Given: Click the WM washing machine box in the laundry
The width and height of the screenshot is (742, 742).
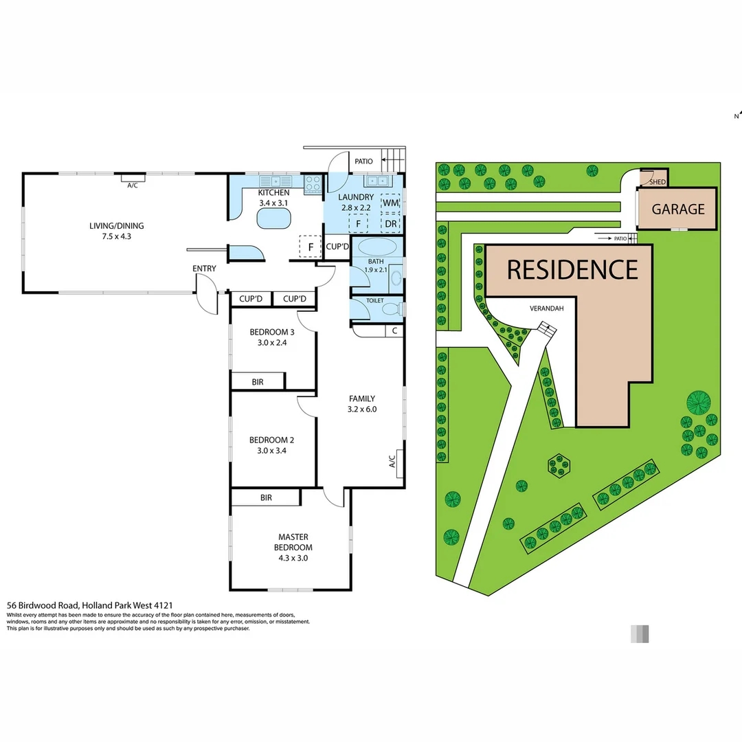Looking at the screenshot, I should click(x=390, y=203).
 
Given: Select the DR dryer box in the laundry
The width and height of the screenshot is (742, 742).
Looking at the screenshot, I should click(x=390, y=224).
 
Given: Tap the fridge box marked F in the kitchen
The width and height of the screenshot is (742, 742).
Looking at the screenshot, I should click(x=311, y=247).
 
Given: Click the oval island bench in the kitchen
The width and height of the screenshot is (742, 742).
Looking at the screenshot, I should click(x=274, y=218).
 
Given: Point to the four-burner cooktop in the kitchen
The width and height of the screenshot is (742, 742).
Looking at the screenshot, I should click(x=313, y=183).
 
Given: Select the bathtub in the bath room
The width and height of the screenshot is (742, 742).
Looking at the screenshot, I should click(x=377, y=248).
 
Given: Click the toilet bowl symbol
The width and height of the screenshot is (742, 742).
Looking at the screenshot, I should click(x=392, y=309).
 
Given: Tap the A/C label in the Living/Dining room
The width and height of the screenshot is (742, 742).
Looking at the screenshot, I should click(x=133, y=184).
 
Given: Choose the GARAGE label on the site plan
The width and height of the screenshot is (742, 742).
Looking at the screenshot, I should click(x=678, y=210).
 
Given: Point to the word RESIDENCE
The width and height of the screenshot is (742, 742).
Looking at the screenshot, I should click(x=572, y=270).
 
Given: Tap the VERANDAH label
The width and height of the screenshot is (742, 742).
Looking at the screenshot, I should click(x=546, y=308).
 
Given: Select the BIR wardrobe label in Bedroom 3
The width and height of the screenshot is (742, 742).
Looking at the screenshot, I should click(x=258, y=381).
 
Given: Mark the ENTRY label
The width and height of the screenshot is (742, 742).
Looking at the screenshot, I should click(x=204, y=269).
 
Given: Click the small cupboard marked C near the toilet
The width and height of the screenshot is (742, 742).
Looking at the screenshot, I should click(x=394, y=331).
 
